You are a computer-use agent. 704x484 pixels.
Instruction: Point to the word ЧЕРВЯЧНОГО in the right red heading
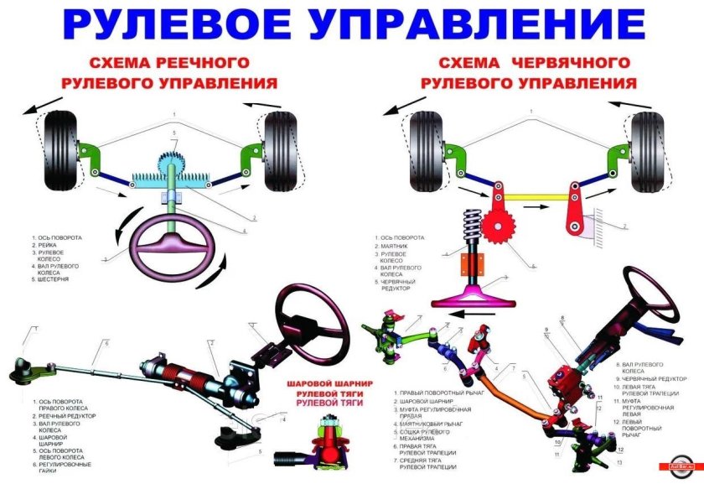(570, 64)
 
